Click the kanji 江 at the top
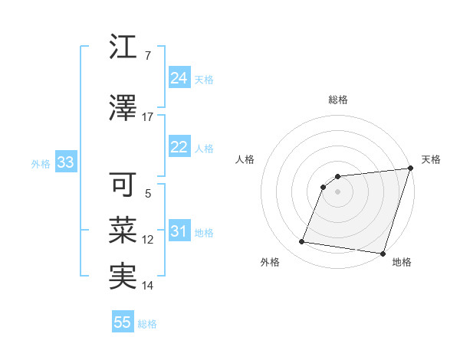point(123,48)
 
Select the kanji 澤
point(123,108)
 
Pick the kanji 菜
point(123,230)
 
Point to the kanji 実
point(123,276)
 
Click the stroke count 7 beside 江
point(147,56)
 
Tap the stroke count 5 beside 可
point(147,195)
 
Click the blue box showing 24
point(179,78)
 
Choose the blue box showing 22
point(179,147)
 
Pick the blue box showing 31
point(179,231)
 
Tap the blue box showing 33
point(65,162)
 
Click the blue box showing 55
point(123,322)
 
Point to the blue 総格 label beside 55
point(147,324)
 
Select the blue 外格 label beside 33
point(41,163)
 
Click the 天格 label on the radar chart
point(431,159)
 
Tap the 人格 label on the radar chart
point(245,159)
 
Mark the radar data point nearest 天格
point(411,169)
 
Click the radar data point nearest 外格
point(302,242)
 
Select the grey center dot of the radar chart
point(337,191)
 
